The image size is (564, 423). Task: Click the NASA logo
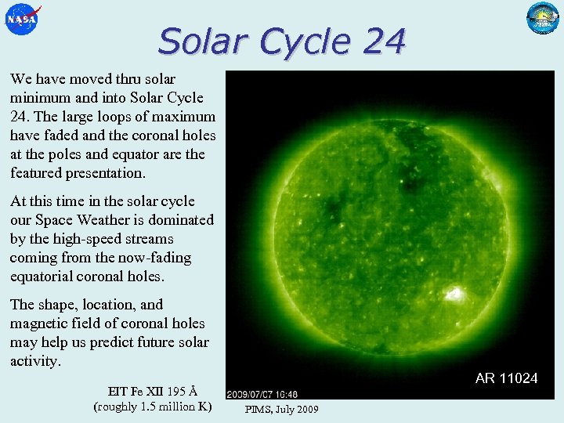point(21,19)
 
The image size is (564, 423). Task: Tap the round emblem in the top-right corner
point(543,18)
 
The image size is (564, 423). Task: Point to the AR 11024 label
point(506,378)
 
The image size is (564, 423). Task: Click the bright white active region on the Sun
point(453,295)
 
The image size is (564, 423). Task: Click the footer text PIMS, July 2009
point(282,409)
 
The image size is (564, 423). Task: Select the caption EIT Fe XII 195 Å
point(152,391)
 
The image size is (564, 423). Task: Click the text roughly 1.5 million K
point(152,407)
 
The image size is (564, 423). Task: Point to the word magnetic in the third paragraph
point(38,324)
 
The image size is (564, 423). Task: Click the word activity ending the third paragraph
point(34,361)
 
